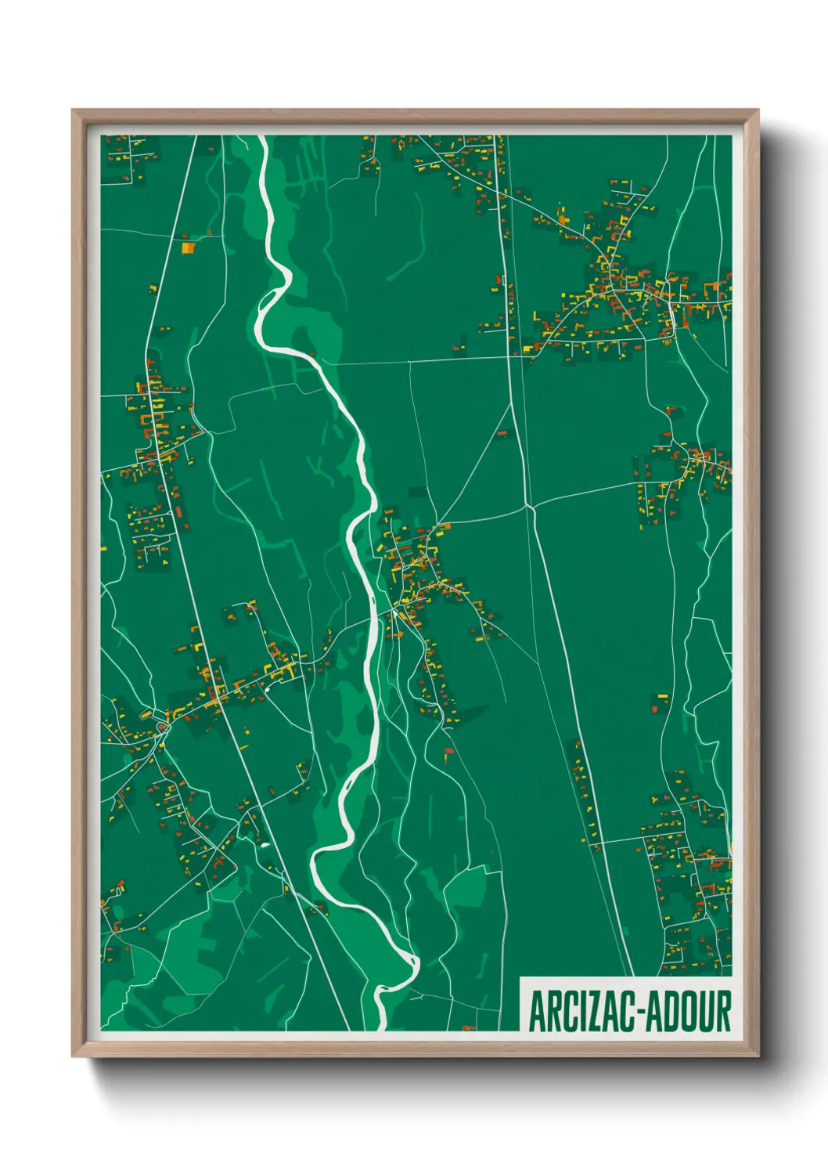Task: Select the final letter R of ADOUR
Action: (722, 1011)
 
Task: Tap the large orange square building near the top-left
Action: (188, 248)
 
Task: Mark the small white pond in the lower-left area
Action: (264, 845)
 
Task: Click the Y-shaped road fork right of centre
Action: (530, 507)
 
